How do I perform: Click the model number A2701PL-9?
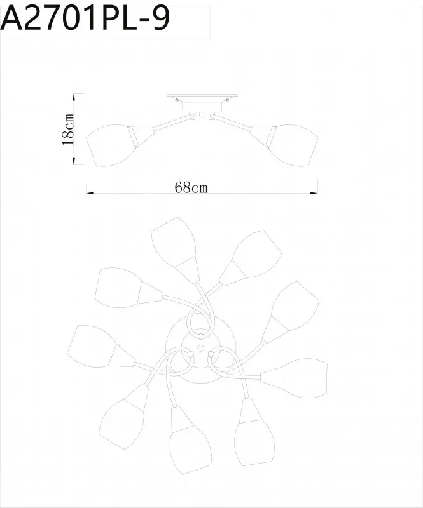(x=85, y=19)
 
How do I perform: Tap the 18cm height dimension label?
(x=69, y=130)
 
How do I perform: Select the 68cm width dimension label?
(x=191, y=187)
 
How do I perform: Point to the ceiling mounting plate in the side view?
(x=202, y=97)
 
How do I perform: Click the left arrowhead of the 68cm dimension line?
(x=90, y=193)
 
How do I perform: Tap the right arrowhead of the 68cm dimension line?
(x=314, y=193)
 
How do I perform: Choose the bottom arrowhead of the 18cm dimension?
(x=74, y=161)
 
